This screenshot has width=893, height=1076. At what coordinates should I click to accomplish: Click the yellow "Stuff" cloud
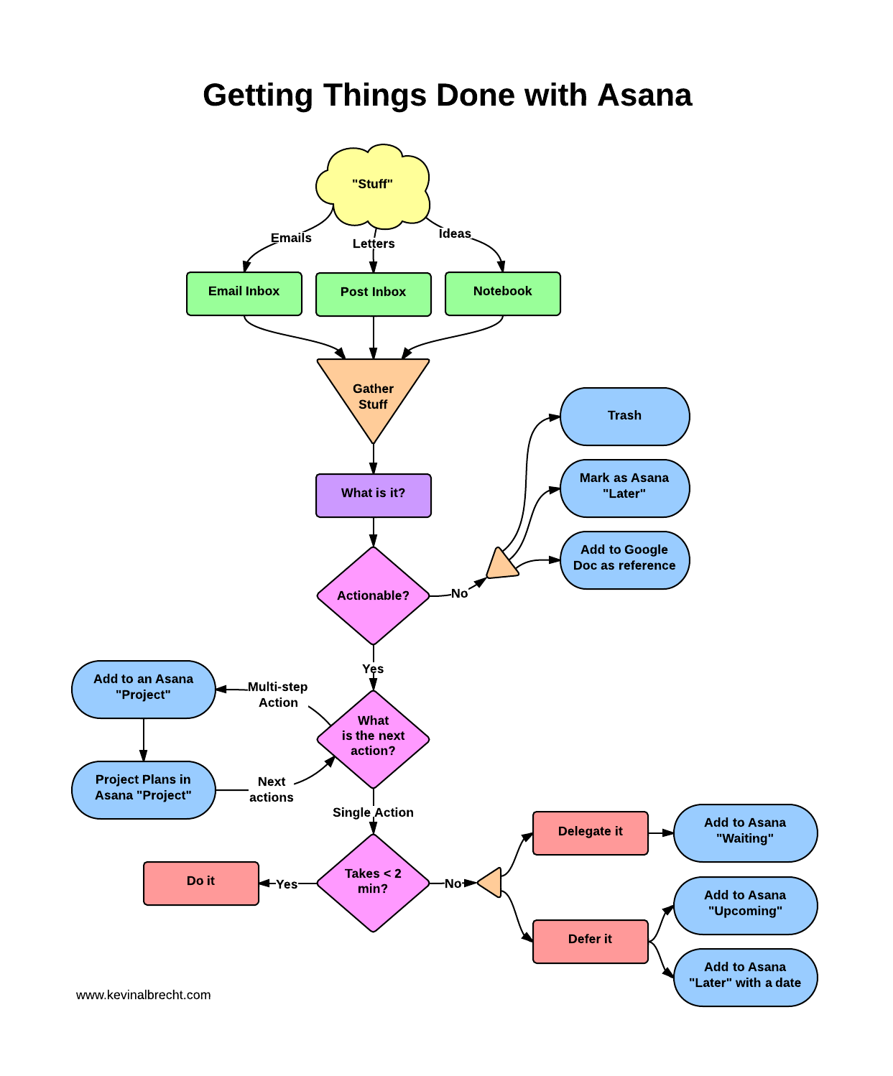[x=372, y=185]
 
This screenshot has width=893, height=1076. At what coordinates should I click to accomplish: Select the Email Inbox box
[x=244, y=293]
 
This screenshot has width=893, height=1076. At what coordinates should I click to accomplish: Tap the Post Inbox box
[x=373, y=294]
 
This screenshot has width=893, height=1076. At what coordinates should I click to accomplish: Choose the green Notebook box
[x=502, y=293]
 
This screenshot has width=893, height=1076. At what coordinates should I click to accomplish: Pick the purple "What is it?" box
[x=373, y=495]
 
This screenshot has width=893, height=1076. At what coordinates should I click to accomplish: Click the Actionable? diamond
[x=373, y=595]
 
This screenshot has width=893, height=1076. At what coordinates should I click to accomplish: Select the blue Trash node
[x=624, y=416]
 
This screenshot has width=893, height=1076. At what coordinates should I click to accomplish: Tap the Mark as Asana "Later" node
[x=624, y=488]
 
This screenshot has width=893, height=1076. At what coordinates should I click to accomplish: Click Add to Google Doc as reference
[x=624, y=560]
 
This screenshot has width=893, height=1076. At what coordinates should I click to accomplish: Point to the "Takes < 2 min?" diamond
[x=373, y=882]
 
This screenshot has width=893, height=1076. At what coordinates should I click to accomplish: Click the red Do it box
[x=200, y=882]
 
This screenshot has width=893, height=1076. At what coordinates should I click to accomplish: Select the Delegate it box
[x=590, y=832]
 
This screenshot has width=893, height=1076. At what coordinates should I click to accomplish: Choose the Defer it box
[x=590, y=940]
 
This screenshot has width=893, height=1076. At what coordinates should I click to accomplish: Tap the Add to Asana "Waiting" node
[x=745, y=832]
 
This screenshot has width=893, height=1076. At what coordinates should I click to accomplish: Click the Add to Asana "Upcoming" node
[x=745, y=904]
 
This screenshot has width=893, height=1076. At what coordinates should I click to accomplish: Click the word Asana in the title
[x=644, y=96]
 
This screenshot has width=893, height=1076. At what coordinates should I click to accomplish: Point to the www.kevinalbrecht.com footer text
[x=143, y=995]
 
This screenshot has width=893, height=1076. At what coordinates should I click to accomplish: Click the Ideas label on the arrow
[x=455, y=233]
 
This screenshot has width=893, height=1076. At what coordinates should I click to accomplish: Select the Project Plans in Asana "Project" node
[x=143, y=789]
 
